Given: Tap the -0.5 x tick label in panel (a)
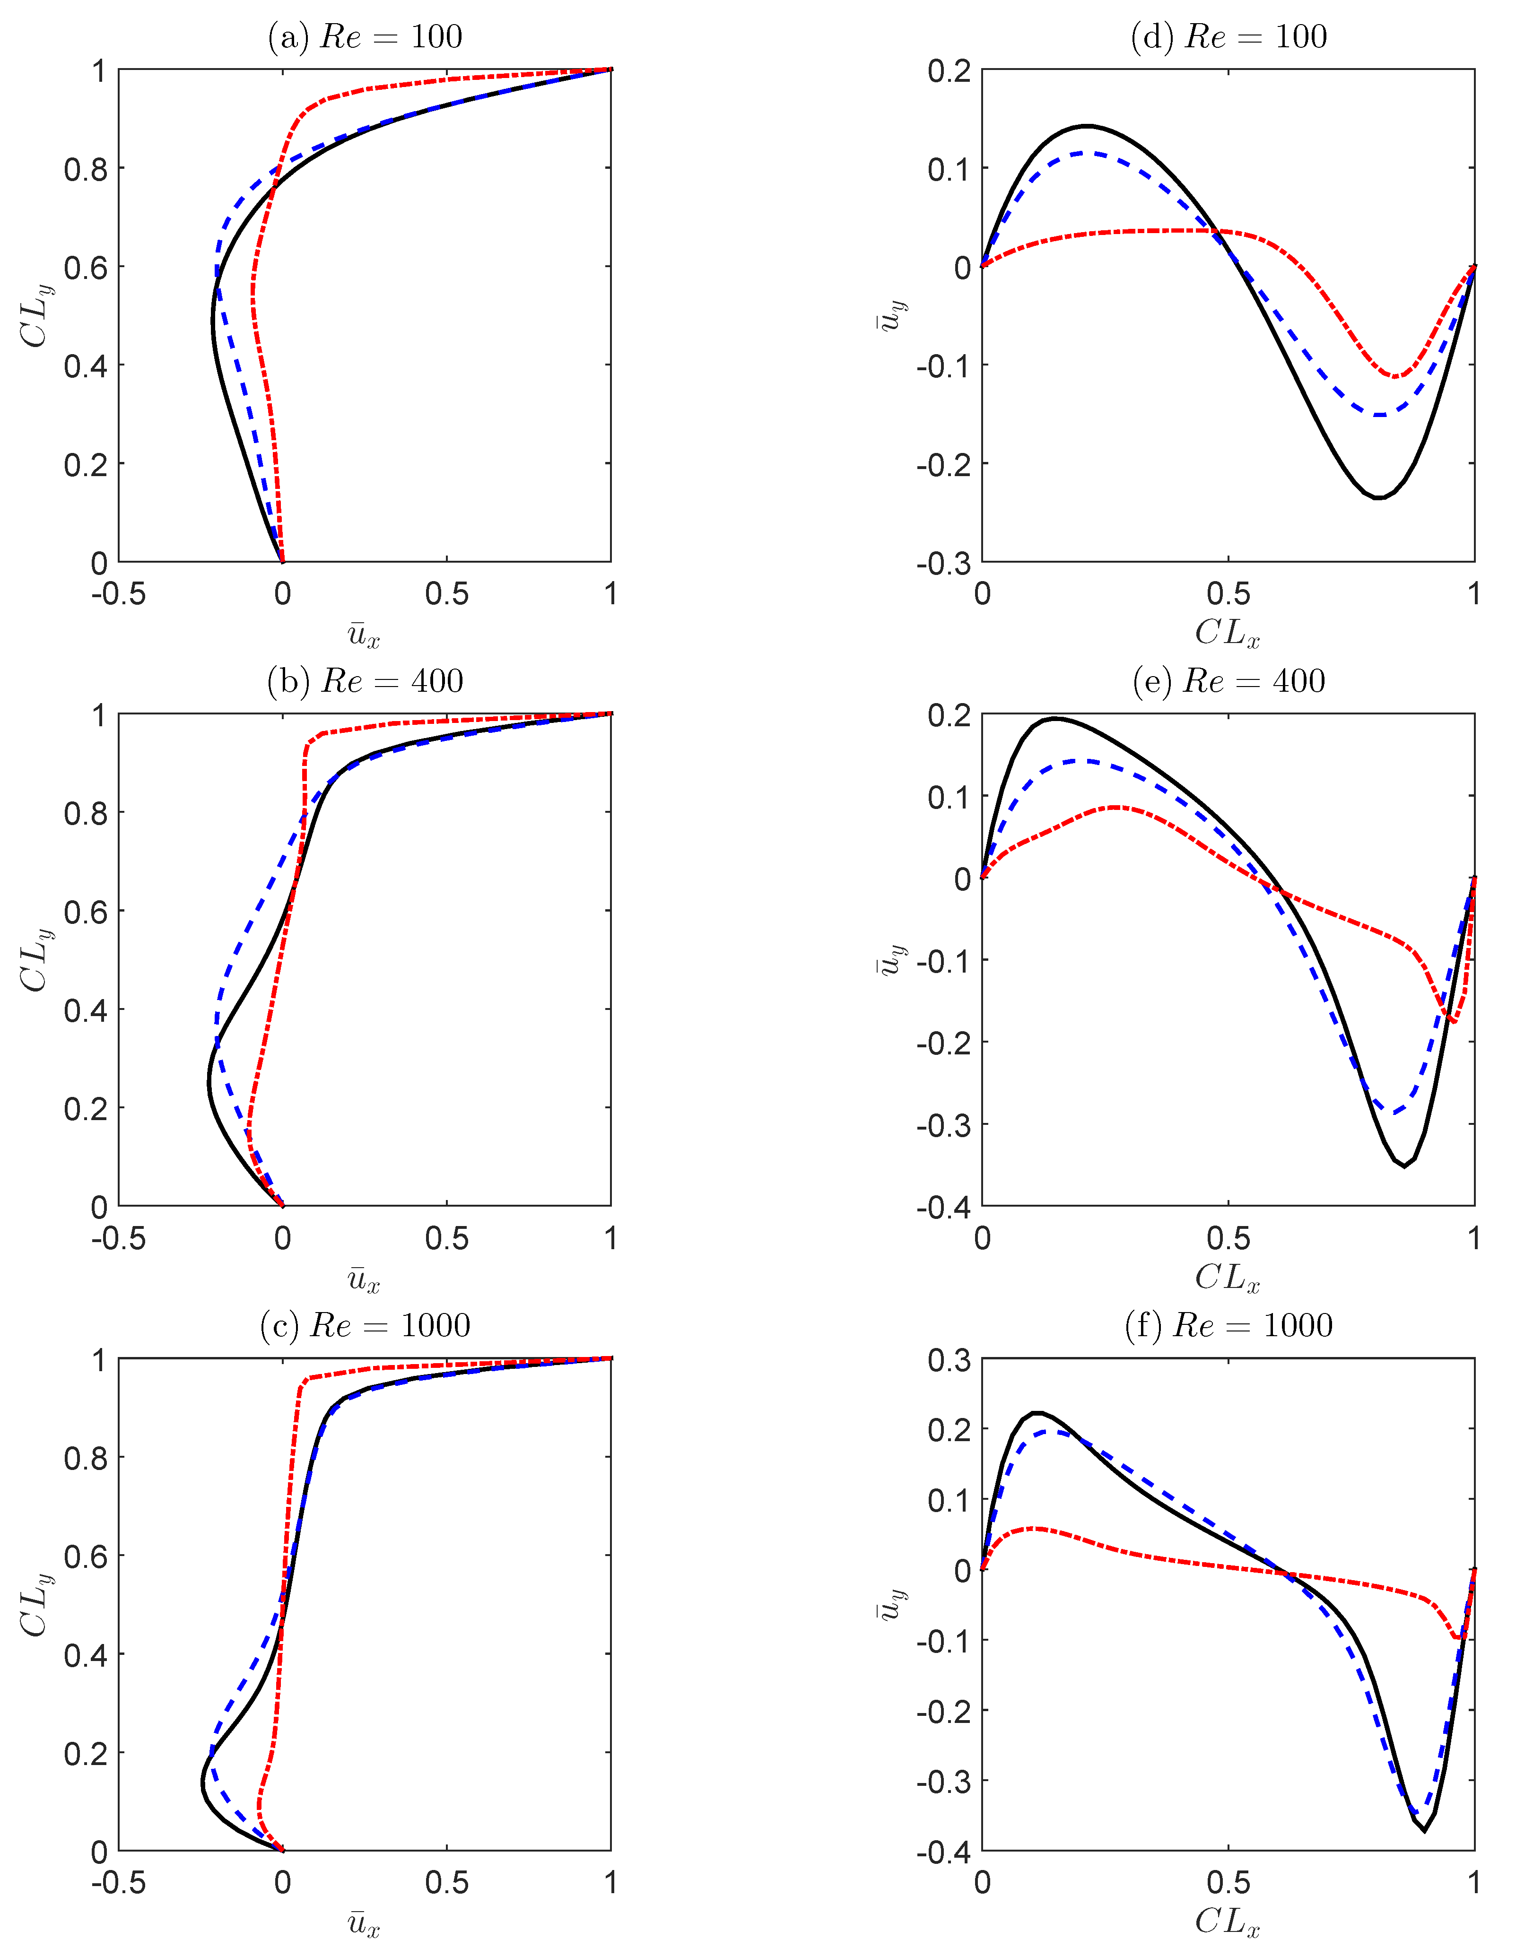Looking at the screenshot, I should (x=118, y=594).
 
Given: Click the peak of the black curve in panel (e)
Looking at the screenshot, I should (x=1057, y=719).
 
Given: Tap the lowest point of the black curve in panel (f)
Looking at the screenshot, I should (x=1424, y=1831).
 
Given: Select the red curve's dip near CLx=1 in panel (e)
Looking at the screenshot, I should (x=1452, y=1021).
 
